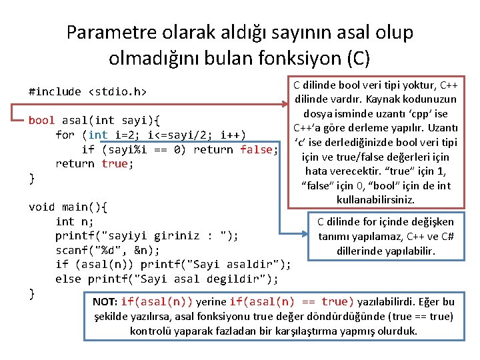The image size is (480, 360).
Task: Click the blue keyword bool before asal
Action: (41, 121)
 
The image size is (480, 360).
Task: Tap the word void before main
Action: (41, 207)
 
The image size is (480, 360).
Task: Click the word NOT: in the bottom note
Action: (105, 302)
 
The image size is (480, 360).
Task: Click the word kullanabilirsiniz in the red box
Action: (376, 200)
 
